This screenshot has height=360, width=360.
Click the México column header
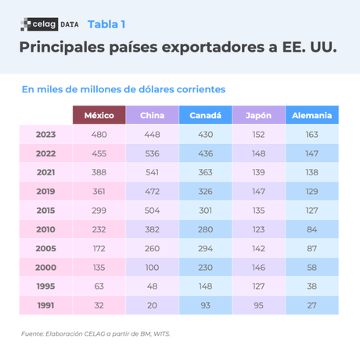(x=99, y=116)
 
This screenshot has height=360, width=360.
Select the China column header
(x=152, y=116)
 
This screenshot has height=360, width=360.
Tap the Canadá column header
(x=205, y=116)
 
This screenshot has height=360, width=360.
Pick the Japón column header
(x=258, y=116)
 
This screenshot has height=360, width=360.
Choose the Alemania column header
(x=311, y=116)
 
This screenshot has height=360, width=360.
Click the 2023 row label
(x=45, y=135)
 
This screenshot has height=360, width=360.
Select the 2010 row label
(x=45, y=229)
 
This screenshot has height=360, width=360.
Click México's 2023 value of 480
(x=99, y=135)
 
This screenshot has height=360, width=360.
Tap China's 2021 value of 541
(x=152, y=172)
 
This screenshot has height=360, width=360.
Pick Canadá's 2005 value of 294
(x=205, y=249)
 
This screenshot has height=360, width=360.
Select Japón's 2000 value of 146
(x=258, y=268)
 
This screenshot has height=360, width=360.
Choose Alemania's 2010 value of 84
(x=311, y=229)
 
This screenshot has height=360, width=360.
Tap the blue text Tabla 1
(x=107, y=23)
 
